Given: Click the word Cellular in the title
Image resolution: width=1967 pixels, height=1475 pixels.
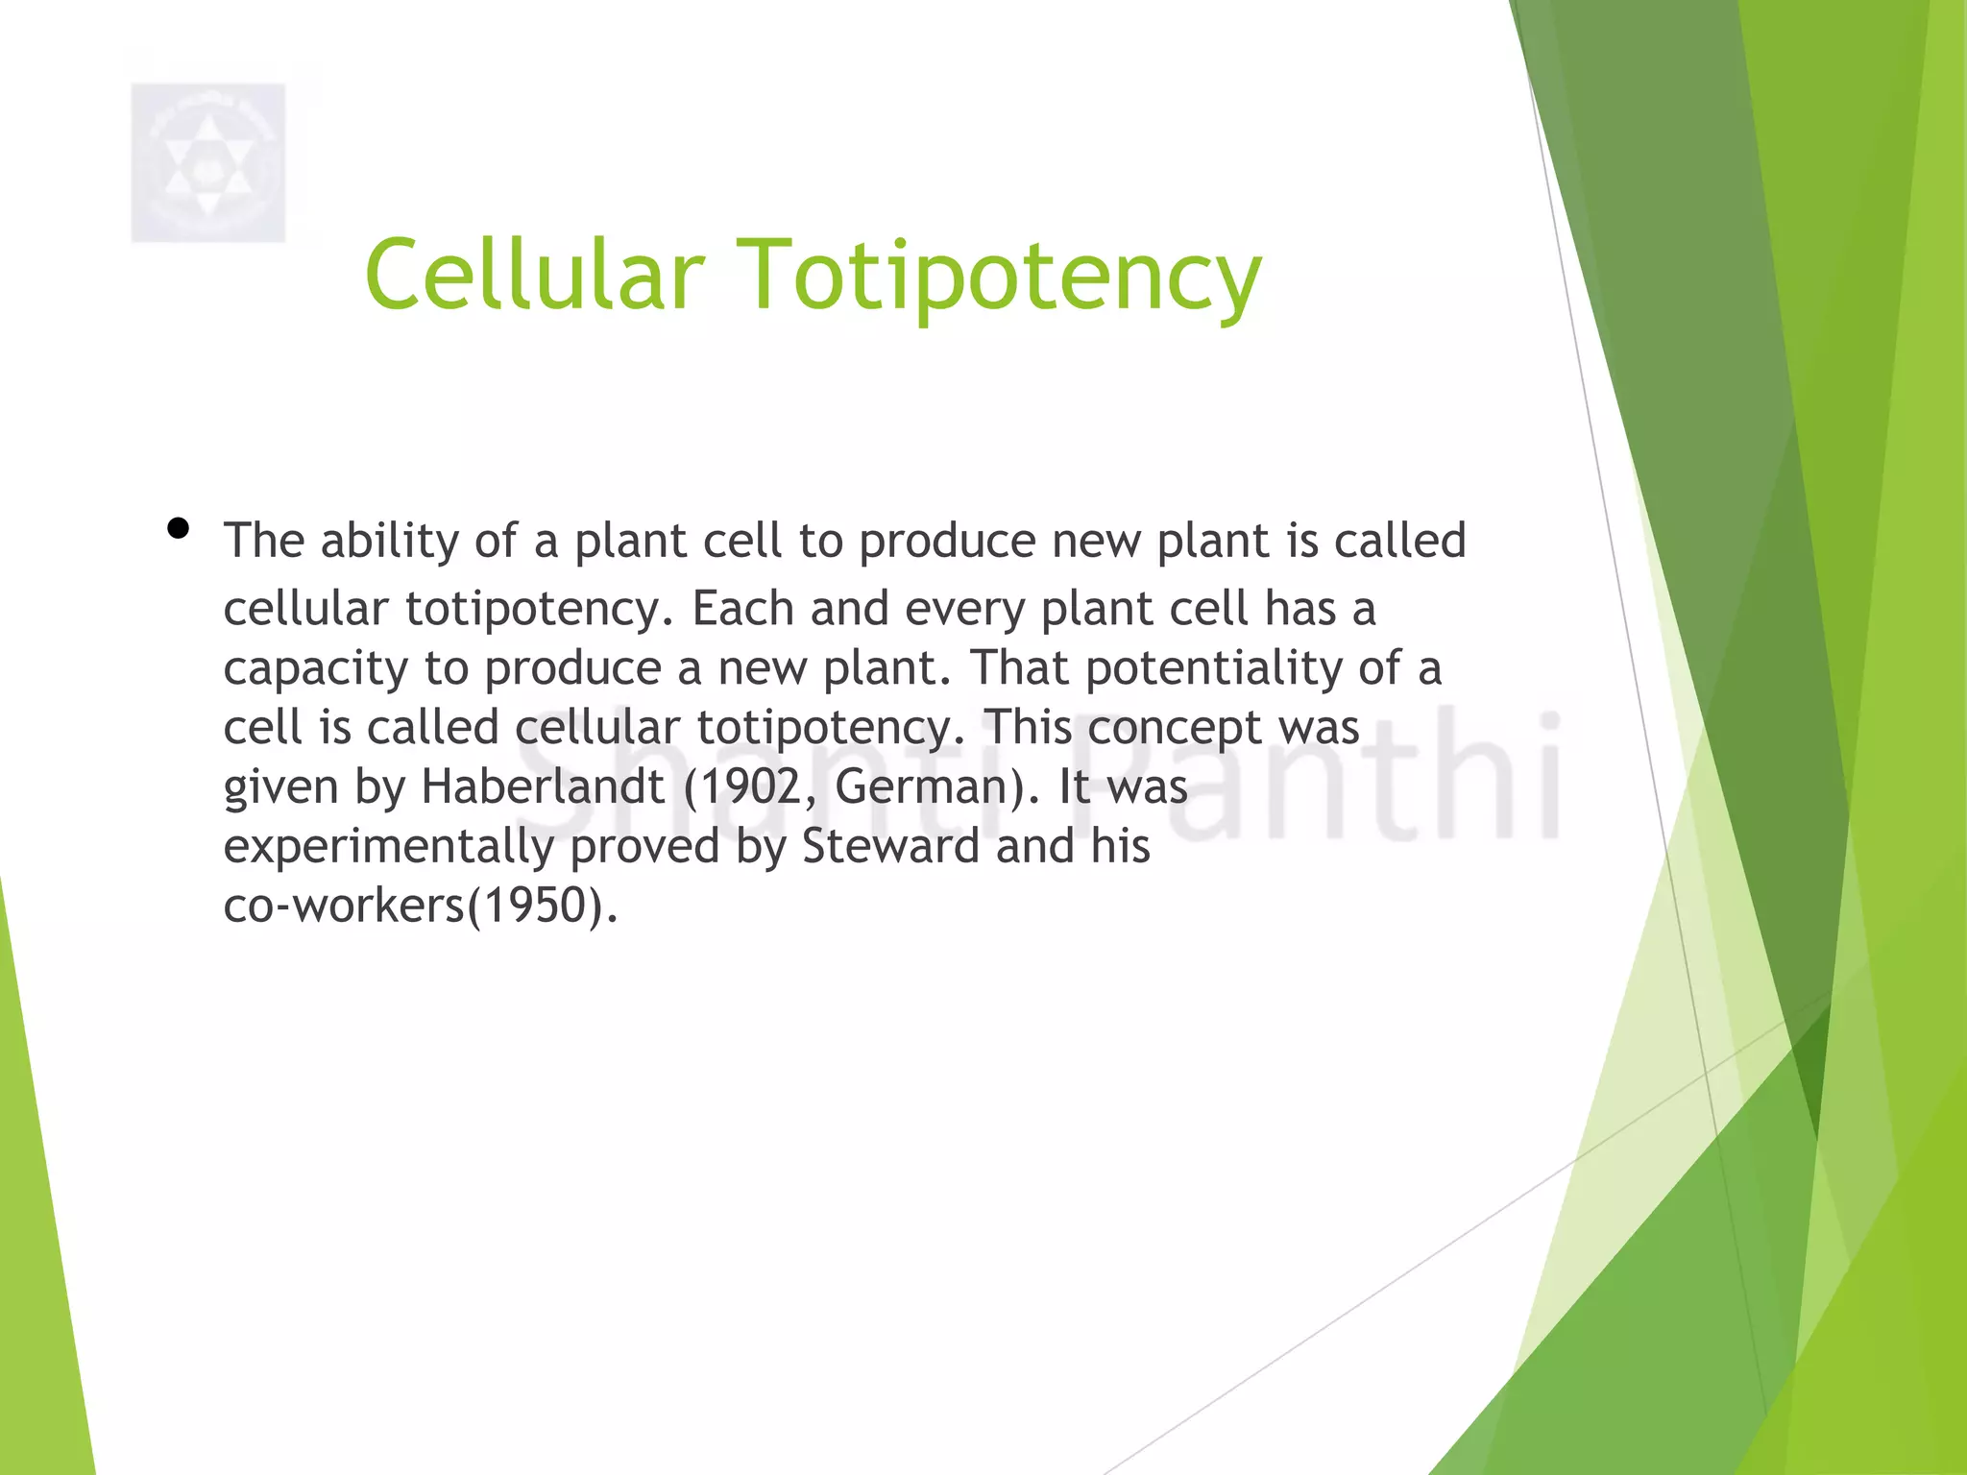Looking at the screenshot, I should (x=534, y=276).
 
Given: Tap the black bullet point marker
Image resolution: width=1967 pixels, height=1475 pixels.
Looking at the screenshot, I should (x=178, y=528).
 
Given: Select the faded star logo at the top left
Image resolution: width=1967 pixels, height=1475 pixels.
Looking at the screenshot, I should (x=207, y=162).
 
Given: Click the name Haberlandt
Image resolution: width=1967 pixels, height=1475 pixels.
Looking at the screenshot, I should (x=543, y=786).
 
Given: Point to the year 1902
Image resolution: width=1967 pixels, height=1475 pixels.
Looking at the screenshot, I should (x=747, y=786).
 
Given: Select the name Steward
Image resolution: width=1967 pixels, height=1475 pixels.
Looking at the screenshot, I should (x=890, y=846).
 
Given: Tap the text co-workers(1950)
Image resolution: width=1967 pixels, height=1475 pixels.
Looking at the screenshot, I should (x=420, y=906).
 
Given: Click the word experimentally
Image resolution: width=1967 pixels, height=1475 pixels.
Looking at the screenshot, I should (x=388, y=848).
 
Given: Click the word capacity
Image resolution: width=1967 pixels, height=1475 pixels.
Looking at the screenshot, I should (x=316, y=669).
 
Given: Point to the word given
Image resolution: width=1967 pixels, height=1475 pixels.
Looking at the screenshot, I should (x=280, y=788).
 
